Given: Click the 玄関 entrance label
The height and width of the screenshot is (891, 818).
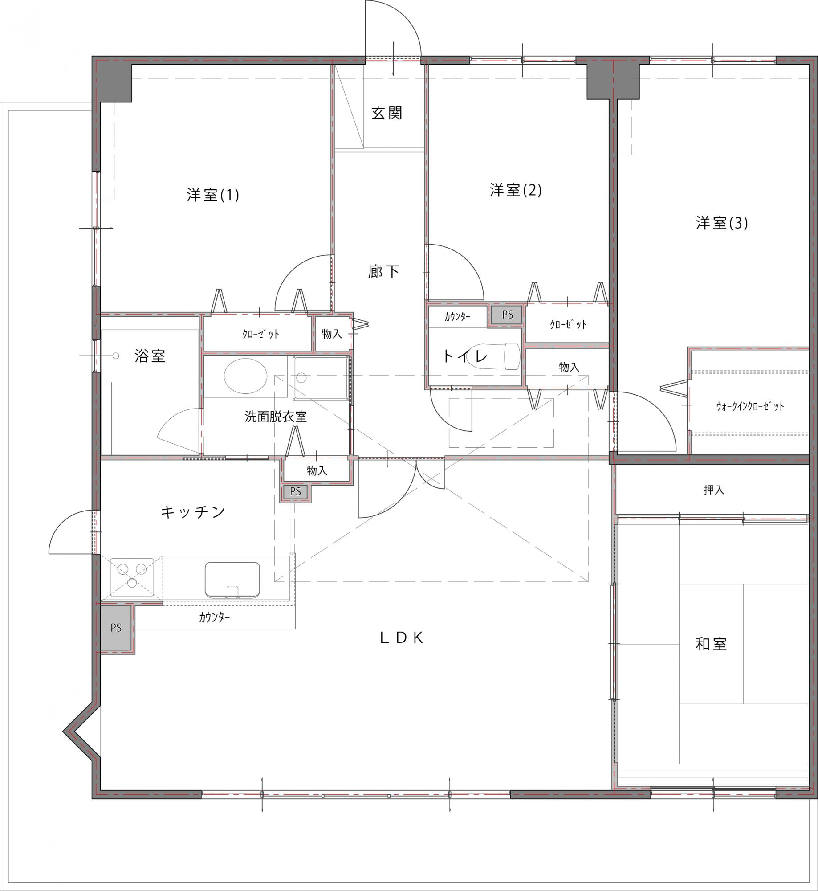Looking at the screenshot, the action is click(387, 113).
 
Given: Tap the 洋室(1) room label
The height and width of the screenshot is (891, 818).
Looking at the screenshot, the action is click(213, 195).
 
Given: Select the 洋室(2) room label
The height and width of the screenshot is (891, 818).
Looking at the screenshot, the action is click(516, 190).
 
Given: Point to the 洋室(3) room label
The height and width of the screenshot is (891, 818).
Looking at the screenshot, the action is click(722, 223).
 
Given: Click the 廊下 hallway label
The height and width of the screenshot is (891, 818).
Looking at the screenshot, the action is click(383, 271).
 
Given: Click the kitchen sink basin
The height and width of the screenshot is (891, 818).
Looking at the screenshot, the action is click(232, 579).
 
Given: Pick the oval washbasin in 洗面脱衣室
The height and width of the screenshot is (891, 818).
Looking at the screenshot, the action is click(245, 376).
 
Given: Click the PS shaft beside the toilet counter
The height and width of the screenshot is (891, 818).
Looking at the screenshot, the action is click(507, 315).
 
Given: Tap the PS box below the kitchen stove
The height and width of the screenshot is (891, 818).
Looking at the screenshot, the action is click(116, 627).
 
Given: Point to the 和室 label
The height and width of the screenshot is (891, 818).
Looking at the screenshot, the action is click(711, 644).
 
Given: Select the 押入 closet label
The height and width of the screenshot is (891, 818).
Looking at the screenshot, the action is click(714, 490).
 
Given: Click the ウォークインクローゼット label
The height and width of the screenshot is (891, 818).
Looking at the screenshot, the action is click(750, 406).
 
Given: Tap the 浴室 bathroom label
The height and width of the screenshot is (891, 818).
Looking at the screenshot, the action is click(150, 356).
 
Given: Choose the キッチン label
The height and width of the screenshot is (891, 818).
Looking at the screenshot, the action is click(193, 512).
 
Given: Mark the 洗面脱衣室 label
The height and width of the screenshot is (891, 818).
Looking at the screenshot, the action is click(276, 417).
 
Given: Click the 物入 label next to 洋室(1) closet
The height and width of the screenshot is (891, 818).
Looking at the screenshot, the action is click(332, 333).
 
